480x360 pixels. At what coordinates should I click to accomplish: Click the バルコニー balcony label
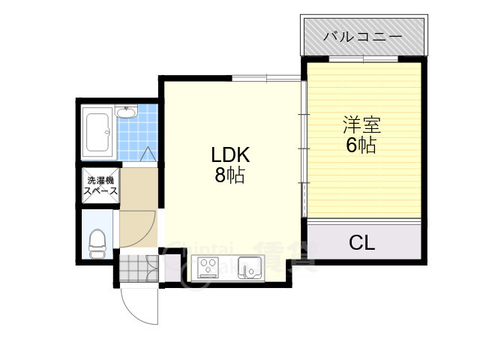point(362,36)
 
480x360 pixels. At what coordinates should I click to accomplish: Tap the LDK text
point(229,156)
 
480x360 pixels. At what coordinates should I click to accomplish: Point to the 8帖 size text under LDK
point(229,177)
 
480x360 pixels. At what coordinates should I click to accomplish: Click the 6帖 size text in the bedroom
point(361,145)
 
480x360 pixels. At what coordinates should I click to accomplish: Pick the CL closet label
point(362,243)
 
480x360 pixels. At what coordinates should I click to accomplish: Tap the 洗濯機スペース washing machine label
point(100,185)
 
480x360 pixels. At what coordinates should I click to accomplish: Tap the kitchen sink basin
point(250,267)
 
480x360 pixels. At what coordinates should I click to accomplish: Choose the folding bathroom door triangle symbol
point(148,155)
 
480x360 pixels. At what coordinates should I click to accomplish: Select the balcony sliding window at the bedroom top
point(363,59)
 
